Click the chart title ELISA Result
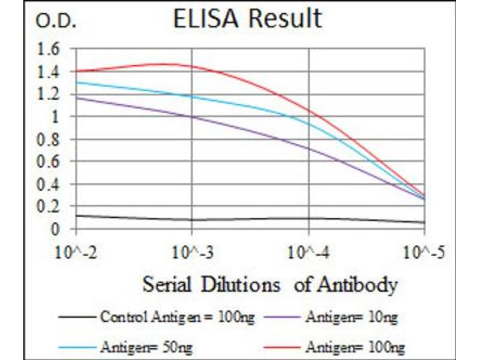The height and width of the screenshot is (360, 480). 247,19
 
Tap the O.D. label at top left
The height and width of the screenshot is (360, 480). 56,22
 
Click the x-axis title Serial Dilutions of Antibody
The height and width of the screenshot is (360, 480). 269,284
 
